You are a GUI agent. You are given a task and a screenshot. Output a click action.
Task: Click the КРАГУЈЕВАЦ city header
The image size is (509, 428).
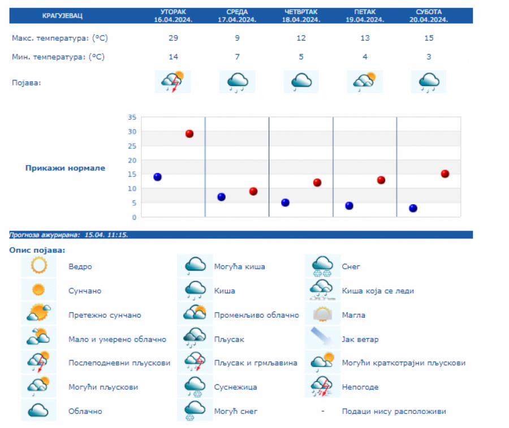point(62,16)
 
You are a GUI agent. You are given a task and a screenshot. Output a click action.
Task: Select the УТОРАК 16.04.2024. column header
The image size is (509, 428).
point(173,16)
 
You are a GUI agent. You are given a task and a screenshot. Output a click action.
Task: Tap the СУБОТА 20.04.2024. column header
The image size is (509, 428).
point(429,16)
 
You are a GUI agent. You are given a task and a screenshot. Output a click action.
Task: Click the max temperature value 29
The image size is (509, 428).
point(173,38)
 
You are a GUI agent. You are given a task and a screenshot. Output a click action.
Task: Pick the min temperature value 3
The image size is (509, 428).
point(429,57)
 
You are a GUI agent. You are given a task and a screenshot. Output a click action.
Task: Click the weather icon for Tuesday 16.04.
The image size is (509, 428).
point(173,81)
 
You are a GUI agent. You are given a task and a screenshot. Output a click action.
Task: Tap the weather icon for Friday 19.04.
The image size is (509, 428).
point(365,81)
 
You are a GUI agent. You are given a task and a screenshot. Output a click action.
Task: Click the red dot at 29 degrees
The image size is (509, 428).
point(189,134)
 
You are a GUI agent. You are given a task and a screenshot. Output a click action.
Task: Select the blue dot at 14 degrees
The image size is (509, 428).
point(157,177)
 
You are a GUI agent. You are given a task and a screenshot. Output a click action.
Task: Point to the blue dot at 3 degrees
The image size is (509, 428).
point(413,208)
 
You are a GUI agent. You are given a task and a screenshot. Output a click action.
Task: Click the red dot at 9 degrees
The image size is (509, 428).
point(253,192)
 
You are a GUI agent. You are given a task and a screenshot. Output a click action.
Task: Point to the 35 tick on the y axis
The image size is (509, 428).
point(132,118)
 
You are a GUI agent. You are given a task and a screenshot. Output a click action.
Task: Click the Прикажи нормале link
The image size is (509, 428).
point(65,168)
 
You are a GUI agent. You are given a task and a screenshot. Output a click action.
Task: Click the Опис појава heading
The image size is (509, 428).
point(37,250)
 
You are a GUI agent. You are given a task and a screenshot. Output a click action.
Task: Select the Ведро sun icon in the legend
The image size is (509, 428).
point(38,266)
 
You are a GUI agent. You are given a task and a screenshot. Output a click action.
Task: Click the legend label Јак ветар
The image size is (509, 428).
point(360,339)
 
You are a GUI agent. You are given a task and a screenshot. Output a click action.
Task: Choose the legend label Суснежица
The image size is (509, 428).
point(236,387)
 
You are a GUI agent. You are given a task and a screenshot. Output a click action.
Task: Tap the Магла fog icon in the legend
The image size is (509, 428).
point(322,314)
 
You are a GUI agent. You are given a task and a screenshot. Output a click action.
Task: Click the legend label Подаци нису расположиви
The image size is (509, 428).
point(394,412)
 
